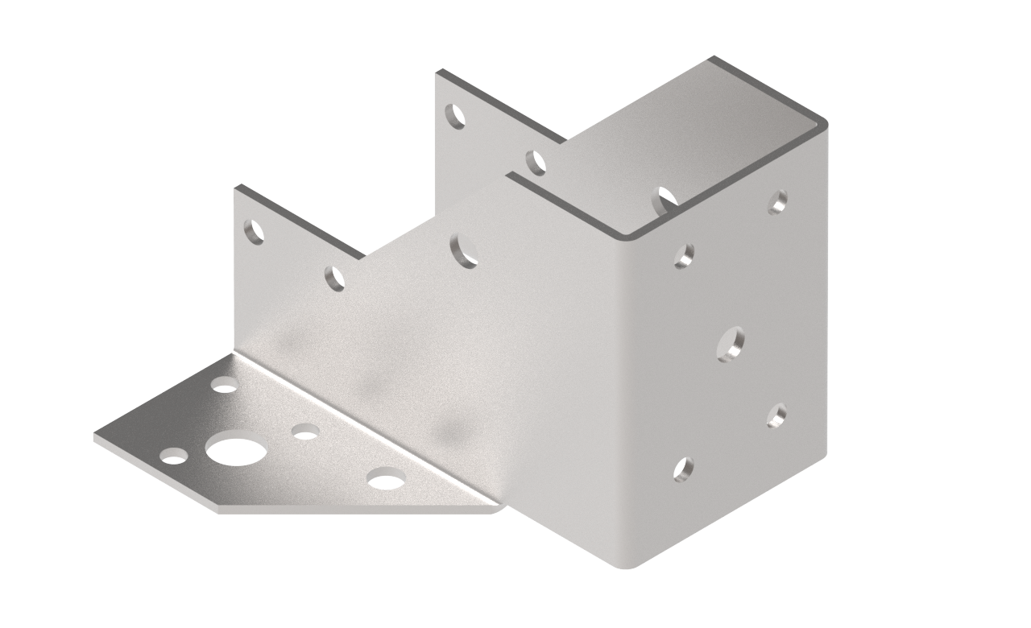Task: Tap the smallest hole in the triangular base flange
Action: coord(305,434)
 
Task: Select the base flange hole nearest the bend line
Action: coord(225,386)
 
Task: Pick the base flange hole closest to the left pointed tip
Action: coord(174,457)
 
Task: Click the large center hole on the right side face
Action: coord(731,344)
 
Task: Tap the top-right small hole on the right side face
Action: coord(777,201)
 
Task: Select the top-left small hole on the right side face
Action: coord(684,256)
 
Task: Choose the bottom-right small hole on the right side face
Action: coord(776,415)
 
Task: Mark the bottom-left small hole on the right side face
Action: coord(683,469)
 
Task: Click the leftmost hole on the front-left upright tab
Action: coord(255,232)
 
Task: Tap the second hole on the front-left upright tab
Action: coord(335,278)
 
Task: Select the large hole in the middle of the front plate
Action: coord(464,250)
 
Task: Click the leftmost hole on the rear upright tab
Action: coord(456,117)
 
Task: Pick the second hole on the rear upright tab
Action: coord(536,162)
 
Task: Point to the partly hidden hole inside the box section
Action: coord(665,199)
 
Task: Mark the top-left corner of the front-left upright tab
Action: coord(236,188)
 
